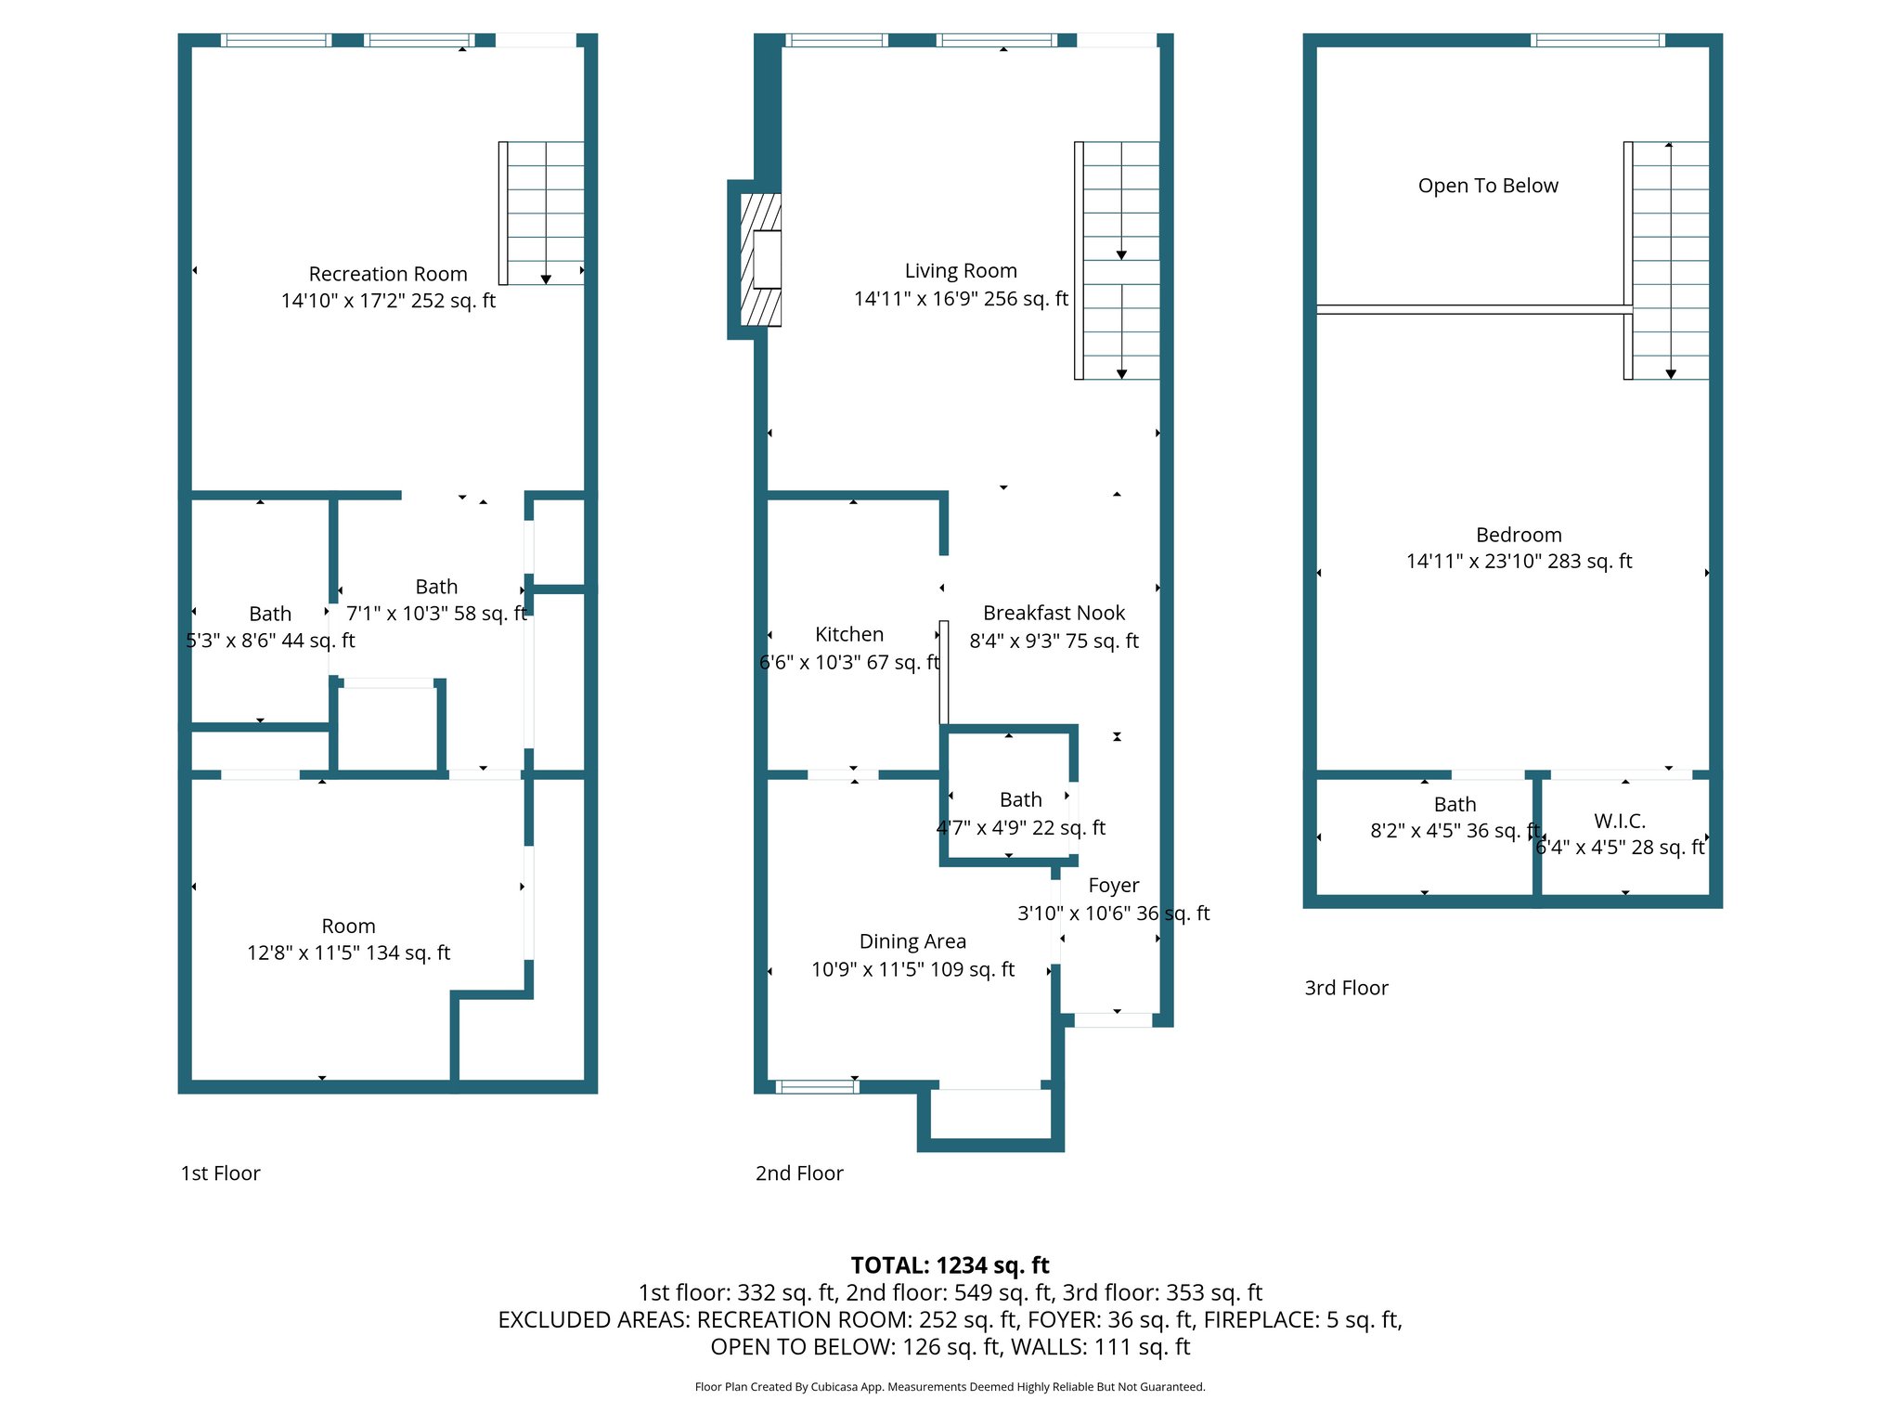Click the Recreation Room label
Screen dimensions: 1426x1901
[x=388, y=274]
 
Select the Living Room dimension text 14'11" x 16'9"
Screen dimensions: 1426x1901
[x=961, y=299]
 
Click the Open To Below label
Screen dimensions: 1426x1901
[x=1488, y=186]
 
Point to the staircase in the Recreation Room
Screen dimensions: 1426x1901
[x=544, y=214]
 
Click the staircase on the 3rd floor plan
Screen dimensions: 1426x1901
[x=1669, y=260]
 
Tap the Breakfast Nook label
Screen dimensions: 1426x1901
[x=1054, y=613]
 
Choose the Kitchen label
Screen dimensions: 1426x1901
[x=848, y=634]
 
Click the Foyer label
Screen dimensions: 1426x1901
[x=1113, y=886]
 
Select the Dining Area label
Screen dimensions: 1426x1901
[x=912, y=941]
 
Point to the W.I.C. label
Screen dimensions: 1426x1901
[x=1620, y=821]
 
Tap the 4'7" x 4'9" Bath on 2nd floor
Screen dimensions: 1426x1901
[x=1020, y=814]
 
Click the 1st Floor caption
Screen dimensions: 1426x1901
[x=220, y=1173]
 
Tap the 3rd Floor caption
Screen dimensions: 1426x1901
[x=1346, y=988]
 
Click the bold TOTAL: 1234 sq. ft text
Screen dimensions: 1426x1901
[x=950, y=1265]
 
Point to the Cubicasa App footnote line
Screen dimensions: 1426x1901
[x=950, y=1387]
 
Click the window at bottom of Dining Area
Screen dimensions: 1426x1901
[x=817, y=1086]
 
